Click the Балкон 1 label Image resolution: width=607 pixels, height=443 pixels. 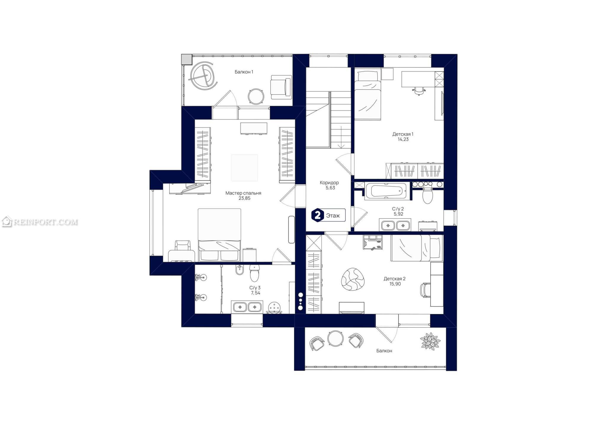click(244, 72)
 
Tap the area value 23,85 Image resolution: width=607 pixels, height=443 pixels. click(245, 198)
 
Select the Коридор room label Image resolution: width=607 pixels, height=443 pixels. click(329, 183)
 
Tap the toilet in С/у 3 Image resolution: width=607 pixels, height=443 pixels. click(254, 273)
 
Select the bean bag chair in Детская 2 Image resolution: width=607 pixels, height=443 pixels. click(353, 279)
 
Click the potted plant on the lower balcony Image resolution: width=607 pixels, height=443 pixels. click(430, 341)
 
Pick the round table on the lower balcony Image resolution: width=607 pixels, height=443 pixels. click(336, 338)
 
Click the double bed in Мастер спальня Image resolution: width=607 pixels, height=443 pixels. click(219, 235)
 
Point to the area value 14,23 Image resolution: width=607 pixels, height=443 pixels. click(403, 139)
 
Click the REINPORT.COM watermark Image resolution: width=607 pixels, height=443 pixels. click(40, 222)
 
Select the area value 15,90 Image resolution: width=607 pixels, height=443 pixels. click(395, 284)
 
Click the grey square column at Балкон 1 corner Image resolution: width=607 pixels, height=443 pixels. click(187, 59)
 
